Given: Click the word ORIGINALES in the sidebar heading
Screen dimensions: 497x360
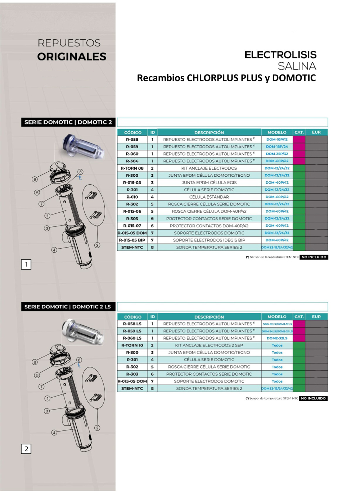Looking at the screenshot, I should coord(72,57).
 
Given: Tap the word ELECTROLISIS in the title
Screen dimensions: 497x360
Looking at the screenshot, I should coord(280,55).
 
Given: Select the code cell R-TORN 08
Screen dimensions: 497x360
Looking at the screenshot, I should coord(132,168).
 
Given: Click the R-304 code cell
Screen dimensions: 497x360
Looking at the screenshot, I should coord(132,161).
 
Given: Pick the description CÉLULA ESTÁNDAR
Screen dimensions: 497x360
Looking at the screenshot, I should coord(209,197).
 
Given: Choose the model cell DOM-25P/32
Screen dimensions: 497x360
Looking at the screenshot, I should coord(277,154).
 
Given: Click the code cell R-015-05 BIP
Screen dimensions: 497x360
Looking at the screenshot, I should coord(132,240).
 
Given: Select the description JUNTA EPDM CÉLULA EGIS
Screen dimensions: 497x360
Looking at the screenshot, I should coord(209,182).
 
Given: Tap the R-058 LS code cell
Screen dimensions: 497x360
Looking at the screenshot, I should coord(132,324).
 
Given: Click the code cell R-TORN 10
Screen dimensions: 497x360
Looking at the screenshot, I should coord(132,345).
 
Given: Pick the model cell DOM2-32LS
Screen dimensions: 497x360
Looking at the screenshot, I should coord(277,338).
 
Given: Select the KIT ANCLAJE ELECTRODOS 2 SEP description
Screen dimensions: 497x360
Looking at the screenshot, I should coord(209,345).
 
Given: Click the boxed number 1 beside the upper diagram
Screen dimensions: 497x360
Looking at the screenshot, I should coord(26,265).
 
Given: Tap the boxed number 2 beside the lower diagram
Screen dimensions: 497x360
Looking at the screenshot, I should coord(26,449).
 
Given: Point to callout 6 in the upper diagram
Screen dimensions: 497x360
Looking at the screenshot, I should coord(35,179).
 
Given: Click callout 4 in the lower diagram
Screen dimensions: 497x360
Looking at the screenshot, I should coord(54,433).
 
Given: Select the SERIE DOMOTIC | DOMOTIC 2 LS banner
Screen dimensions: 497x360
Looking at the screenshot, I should coord(68,307).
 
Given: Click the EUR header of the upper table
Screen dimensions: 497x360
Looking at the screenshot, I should coord(316,132).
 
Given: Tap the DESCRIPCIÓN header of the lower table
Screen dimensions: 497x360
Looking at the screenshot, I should coord(209,317).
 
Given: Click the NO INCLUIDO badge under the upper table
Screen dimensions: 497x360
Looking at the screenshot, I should coord(314,257).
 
